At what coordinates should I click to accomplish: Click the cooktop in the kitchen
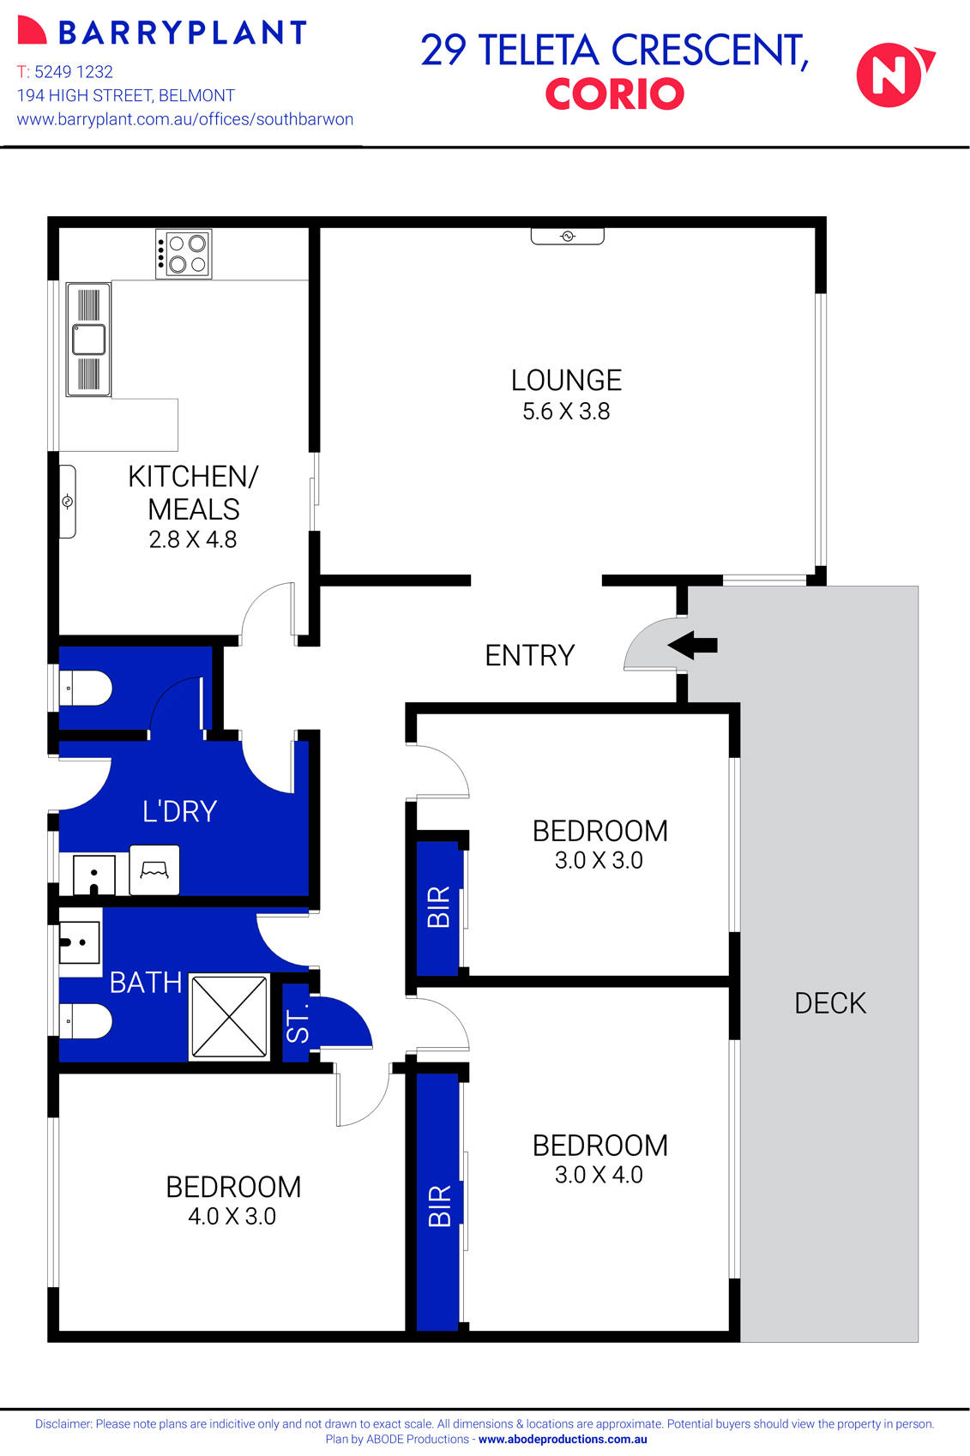pyautogui.click(x=184, y=254)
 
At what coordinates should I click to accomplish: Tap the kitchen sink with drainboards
pyautogui.click(x=88, y=340)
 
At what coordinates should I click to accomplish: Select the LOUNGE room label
pyautogui.click(x=566, y=380)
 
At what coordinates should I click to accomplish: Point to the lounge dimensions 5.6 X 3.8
pyautogui.click(x=566, y=412)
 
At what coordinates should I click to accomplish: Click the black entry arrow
pyautogui.click(x=692, y=645)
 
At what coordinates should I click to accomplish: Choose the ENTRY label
pyautogui.click(x=529, y=655)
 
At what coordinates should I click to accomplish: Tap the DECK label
pyautogui.click(x=830, y=1003)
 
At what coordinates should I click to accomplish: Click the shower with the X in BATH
pyautogui.click(x=229, y=1017)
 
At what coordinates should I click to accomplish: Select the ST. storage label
pyautogui.click(x=297, y=1025)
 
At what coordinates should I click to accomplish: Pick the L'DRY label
pyautogui.click(x=179, y=811)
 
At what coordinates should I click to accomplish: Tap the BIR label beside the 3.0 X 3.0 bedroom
pyautogui.click(x=438, y=907)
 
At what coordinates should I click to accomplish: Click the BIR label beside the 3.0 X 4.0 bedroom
pyautogui.click(x=438, y=1206)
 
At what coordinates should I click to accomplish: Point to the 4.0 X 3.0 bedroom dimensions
pyautogui.click(x=232, y=1217)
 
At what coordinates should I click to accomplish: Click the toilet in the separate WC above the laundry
pyautogui.click(x=89, y=688)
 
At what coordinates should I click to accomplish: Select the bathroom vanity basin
pyautogui.click(x=79, y=942)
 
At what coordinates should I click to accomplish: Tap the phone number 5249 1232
pyautogui.click(x=74, y=72)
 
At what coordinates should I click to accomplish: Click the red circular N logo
pyautogui.click(x=892, y=75)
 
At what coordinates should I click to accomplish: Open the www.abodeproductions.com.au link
pyautogui.click(x=563, y=1440)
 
